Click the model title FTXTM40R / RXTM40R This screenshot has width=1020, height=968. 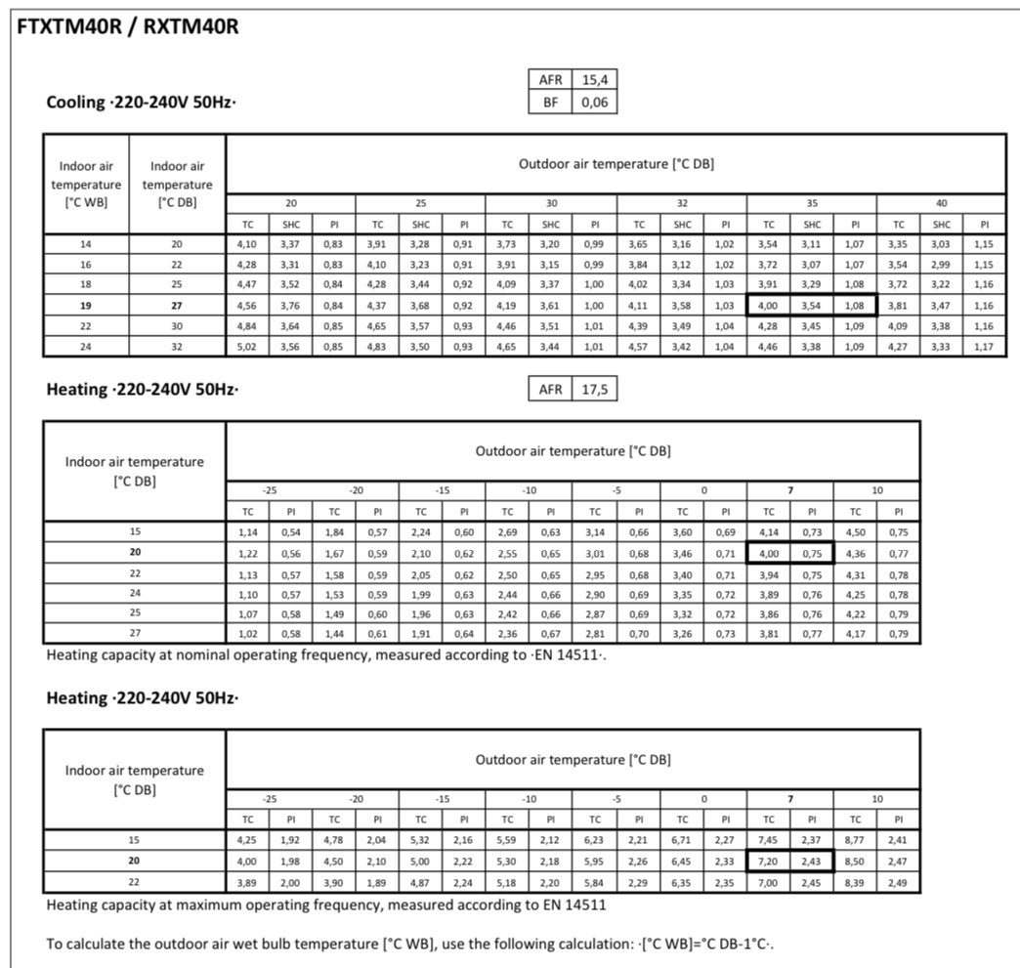(x=128, y=27)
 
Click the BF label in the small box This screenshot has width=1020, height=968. (x=550, y=102)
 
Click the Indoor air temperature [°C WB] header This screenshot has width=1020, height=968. (x=86, y=184)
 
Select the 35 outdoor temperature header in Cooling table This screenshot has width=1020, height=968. (x=811, y=203)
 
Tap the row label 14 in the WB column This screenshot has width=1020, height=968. (x=86, y=243)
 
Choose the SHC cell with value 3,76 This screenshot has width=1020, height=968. (x=290, y=305)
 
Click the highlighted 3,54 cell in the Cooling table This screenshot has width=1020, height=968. (x=811, y=305)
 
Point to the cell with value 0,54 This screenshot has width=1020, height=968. (x=290, y=531)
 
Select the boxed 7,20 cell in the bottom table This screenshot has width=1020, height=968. (x=768, y=861)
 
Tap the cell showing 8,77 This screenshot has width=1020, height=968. (x=855, y=840)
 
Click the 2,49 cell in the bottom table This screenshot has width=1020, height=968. (x=898, y=881)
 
